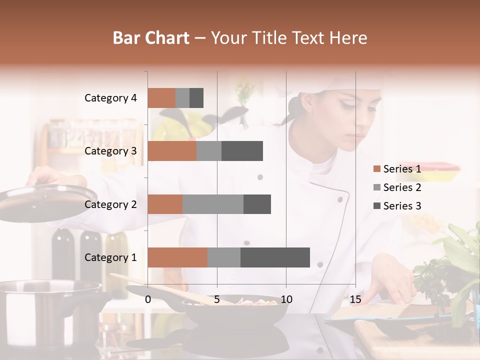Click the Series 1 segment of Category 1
pos(177,257)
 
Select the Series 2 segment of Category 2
pos(212,204)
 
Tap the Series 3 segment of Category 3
pos(242,151)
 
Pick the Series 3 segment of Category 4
pos(196,98)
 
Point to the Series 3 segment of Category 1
pos(275,257)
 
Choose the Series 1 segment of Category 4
pos(161,98)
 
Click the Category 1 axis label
pos(110,257)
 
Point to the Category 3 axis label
pos(110,151)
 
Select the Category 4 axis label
pos(110,98)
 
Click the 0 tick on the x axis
pos(148,299)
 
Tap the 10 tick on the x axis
pos(286,299)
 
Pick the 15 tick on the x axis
pos(355,299)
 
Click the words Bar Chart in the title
pos(151,38)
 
